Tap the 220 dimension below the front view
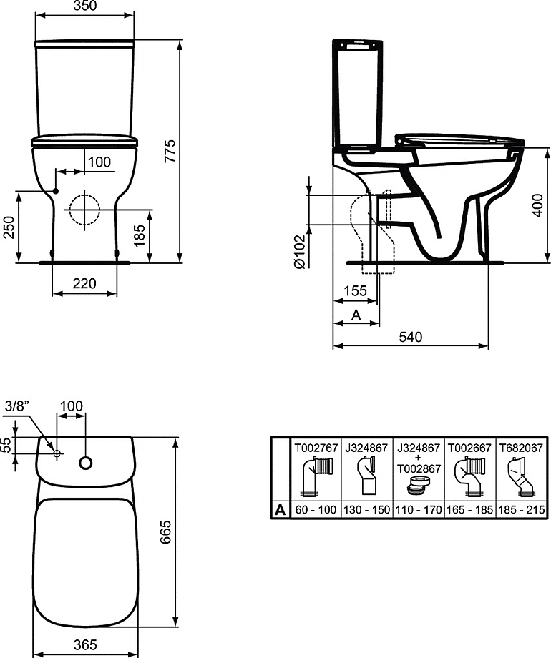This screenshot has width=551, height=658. point(84,284)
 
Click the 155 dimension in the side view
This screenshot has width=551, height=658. point(355,291)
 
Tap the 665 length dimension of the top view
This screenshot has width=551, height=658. point(167,530)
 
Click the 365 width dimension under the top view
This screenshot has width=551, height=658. point(85,644)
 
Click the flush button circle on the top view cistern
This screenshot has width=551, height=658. point(86,463)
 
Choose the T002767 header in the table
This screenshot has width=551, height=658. point(315,448)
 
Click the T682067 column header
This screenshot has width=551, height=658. point(520,448)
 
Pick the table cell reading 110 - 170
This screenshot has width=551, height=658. point(418,509)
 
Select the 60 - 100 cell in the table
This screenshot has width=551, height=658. point(315,509)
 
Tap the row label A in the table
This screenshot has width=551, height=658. point(280,509)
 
